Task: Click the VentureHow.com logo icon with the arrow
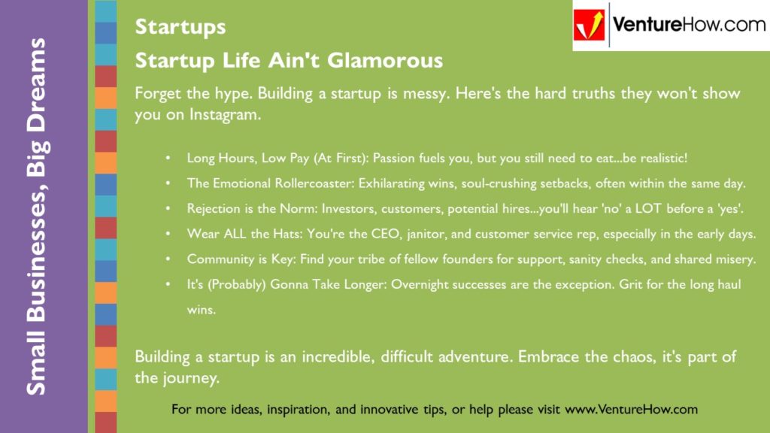point(590,26)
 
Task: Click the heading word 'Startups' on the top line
point(180,27)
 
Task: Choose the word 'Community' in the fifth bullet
point(219,259)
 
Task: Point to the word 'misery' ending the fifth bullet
point(734,259)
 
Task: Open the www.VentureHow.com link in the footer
point(631,410)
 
